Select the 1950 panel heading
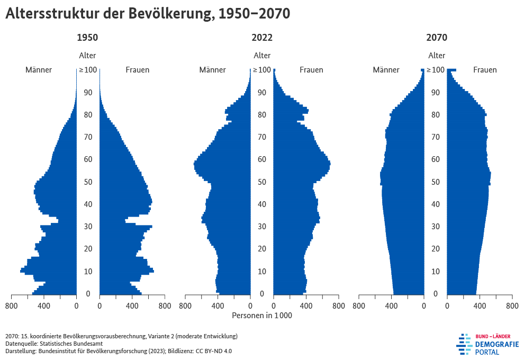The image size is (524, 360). pyautogui.click(x=87, y=38)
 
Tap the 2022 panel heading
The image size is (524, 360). pyautogui.click(x=262, y=38)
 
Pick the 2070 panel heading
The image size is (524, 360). pyautogui.click(x=437, y=38)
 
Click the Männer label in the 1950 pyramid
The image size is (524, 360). pyautogui.click(x=39, y=70)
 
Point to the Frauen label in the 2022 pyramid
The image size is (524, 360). pyautogui.click(x=311, y=70)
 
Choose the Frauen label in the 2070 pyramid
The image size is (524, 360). pyautogui.click(x=485, y=70)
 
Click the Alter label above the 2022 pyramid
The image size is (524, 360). pyautogui.click(x=262, y=56)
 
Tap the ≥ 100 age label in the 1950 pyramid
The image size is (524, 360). pyautogui.click(x=87, y=70)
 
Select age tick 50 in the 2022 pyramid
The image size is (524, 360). pyautogui.click(x=262, y=182)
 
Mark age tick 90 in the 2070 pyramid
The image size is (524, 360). pyautogui.click(x=437, y=93)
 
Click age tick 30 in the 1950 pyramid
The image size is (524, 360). pyautogui.click(x=87, y=227)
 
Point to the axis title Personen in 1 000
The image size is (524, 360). pyautogui.click(x=262, y=316)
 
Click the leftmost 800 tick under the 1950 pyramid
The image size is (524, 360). pyautogui.click(x=11, y=305)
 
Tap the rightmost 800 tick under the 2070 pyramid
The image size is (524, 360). pyautogui.click(x=512, y=305)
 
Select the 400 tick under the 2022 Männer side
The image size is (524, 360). pyautogui.click(x=218, y=305)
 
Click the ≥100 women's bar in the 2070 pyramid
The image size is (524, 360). pyautogui.click(x=451, y=70)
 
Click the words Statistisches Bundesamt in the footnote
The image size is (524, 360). pyautogui.click(x=75, y=344)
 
